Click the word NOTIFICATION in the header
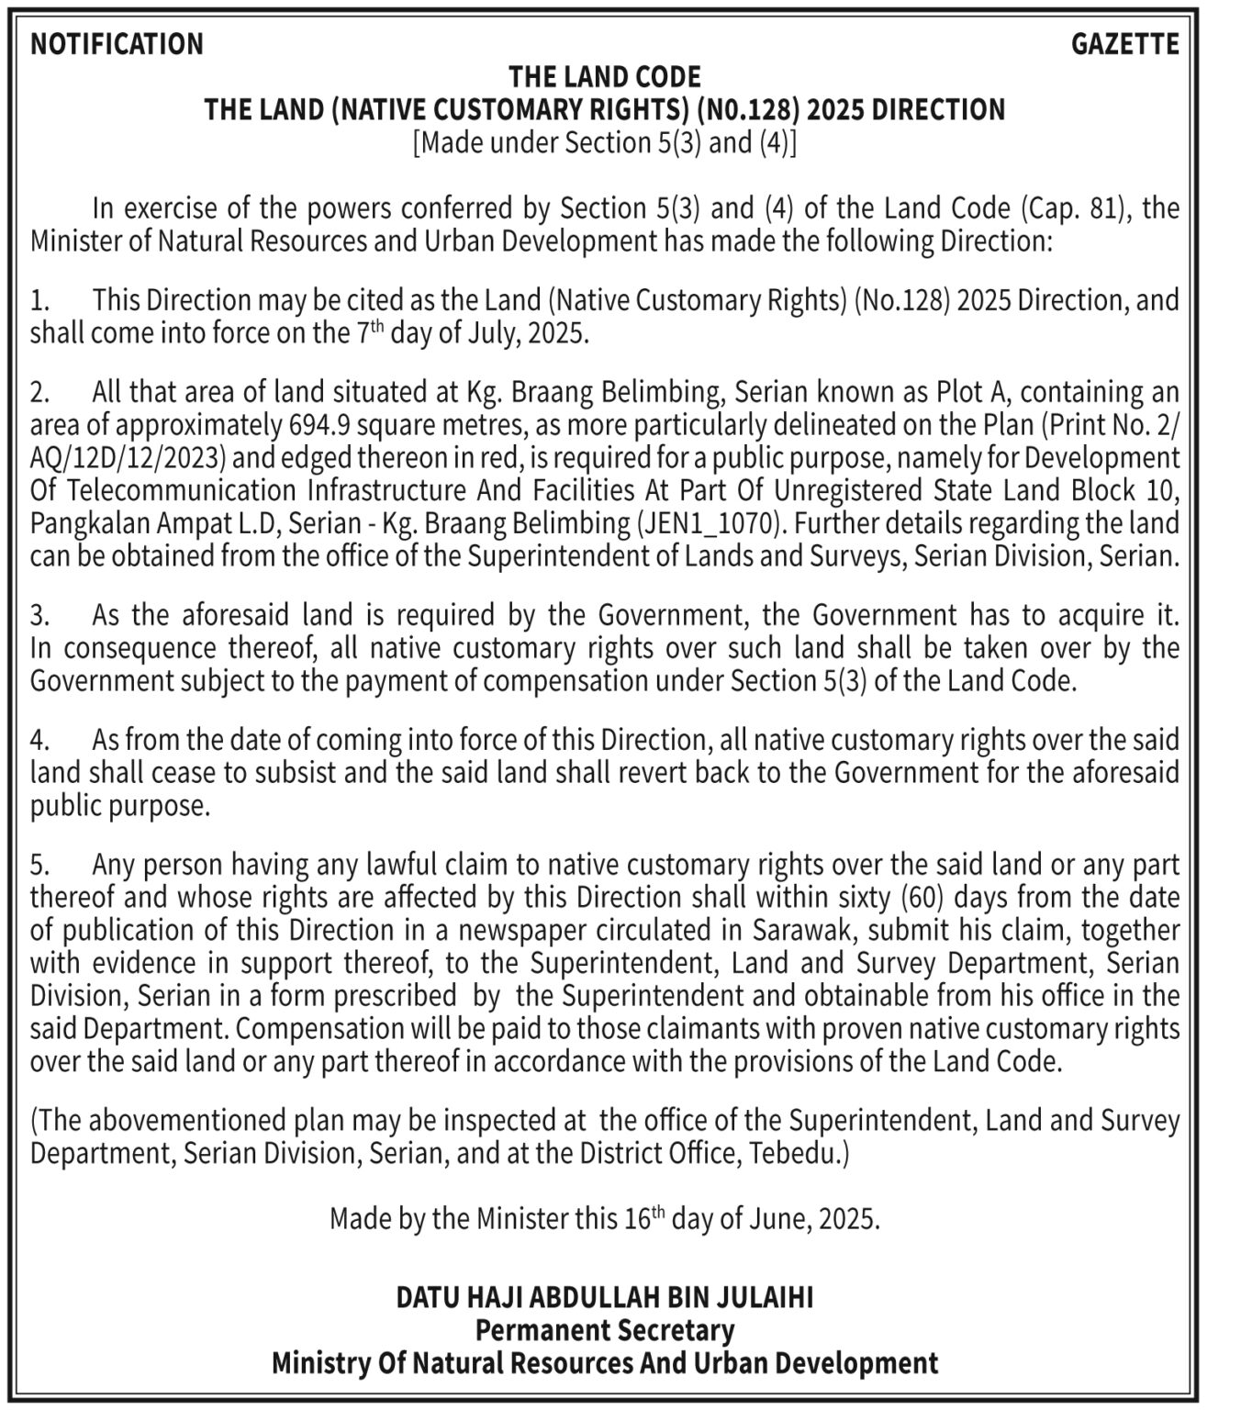pos(117,44)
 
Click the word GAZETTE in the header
pos(1124,44)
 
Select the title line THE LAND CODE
pos(605,76)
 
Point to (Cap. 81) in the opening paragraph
pos(1066,208)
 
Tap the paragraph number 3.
pos(39,615)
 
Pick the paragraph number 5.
pos(39,865)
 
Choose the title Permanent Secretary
pos(605,1330)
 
